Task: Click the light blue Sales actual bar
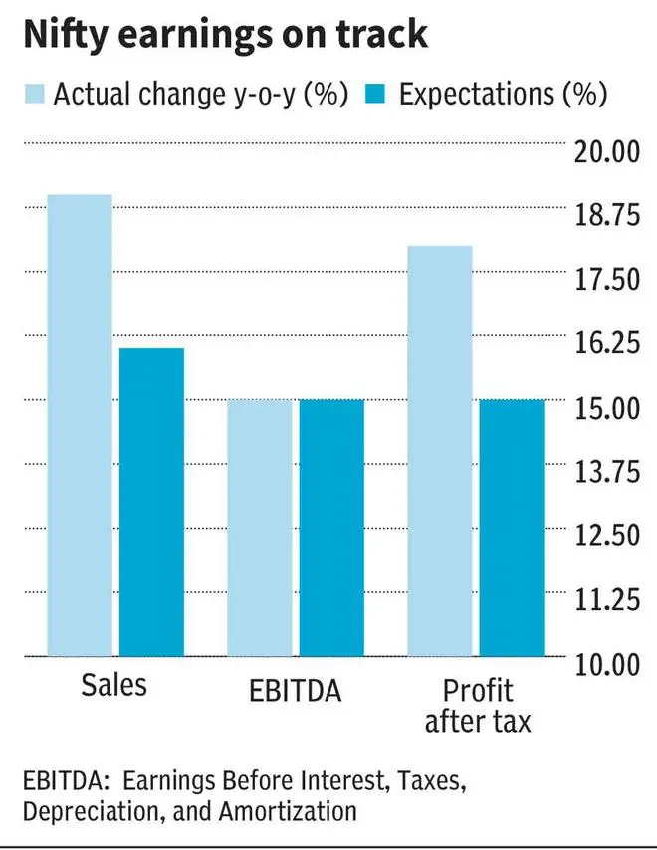[x=80, y=425]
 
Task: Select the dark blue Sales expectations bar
[x=151, y=502]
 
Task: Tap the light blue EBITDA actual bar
[x=260, y=528]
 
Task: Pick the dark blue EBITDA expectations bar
[x=331, y=528]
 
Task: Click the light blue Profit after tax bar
[x=440, y=451]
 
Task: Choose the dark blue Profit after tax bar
[x=512, y=528]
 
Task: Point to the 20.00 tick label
[x=607, y=151]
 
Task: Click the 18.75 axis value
[x=607, y=215]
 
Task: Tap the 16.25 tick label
[x=607, y=343]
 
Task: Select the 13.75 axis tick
[x=607, y=472]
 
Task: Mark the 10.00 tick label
[x=607, y=665]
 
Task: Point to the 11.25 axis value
[x=607, y=600]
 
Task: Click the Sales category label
[x=113, y=685]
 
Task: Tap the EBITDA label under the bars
[x=296, y=691]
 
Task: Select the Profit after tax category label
[x=478, y=706]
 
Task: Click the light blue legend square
[x=34, y=94]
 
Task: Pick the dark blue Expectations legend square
[x=375, y=94]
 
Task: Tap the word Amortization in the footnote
[x=288, y=811]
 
